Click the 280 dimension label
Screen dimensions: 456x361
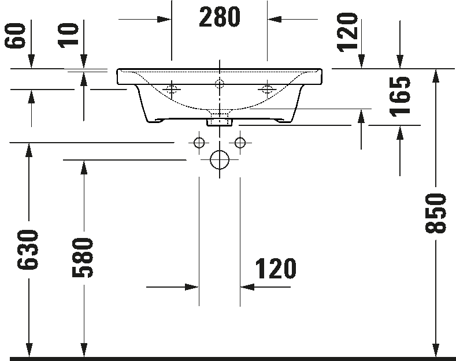(220, 17)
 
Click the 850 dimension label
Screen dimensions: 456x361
(435, 213)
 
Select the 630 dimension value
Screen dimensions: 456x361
(28, 250)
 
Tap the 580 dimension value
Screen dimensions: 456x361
(83, 258)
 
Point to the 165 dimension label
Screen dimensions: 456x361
(400, 97)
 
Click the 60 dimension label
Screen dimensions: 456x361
(15, 36)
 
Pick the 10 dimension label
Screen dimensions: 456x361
(68, 36)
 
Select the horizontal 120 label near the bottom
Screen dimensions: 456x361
(276, 268)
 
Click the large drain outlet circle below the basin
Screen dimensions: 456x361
(220, 159)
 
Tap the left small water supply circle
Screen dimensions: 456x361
(199, 143)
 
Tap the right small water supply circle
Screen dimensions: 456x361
(240, 143)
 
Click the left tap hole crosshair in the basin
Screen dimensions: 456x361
(172, 89)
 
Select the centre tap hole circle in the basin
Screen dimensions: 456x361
(220, 84)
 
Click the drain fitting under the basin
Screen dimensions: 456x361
(220, 122)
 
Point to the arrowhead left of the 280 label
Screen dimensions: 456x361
(164, 20)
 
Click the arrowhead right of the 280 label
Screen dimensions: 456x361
(275, 20)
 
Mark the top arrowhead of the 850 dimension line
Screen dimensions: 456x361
(435, 76)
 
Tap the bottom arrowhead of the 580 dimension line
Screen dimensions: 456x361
(84, 350)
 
